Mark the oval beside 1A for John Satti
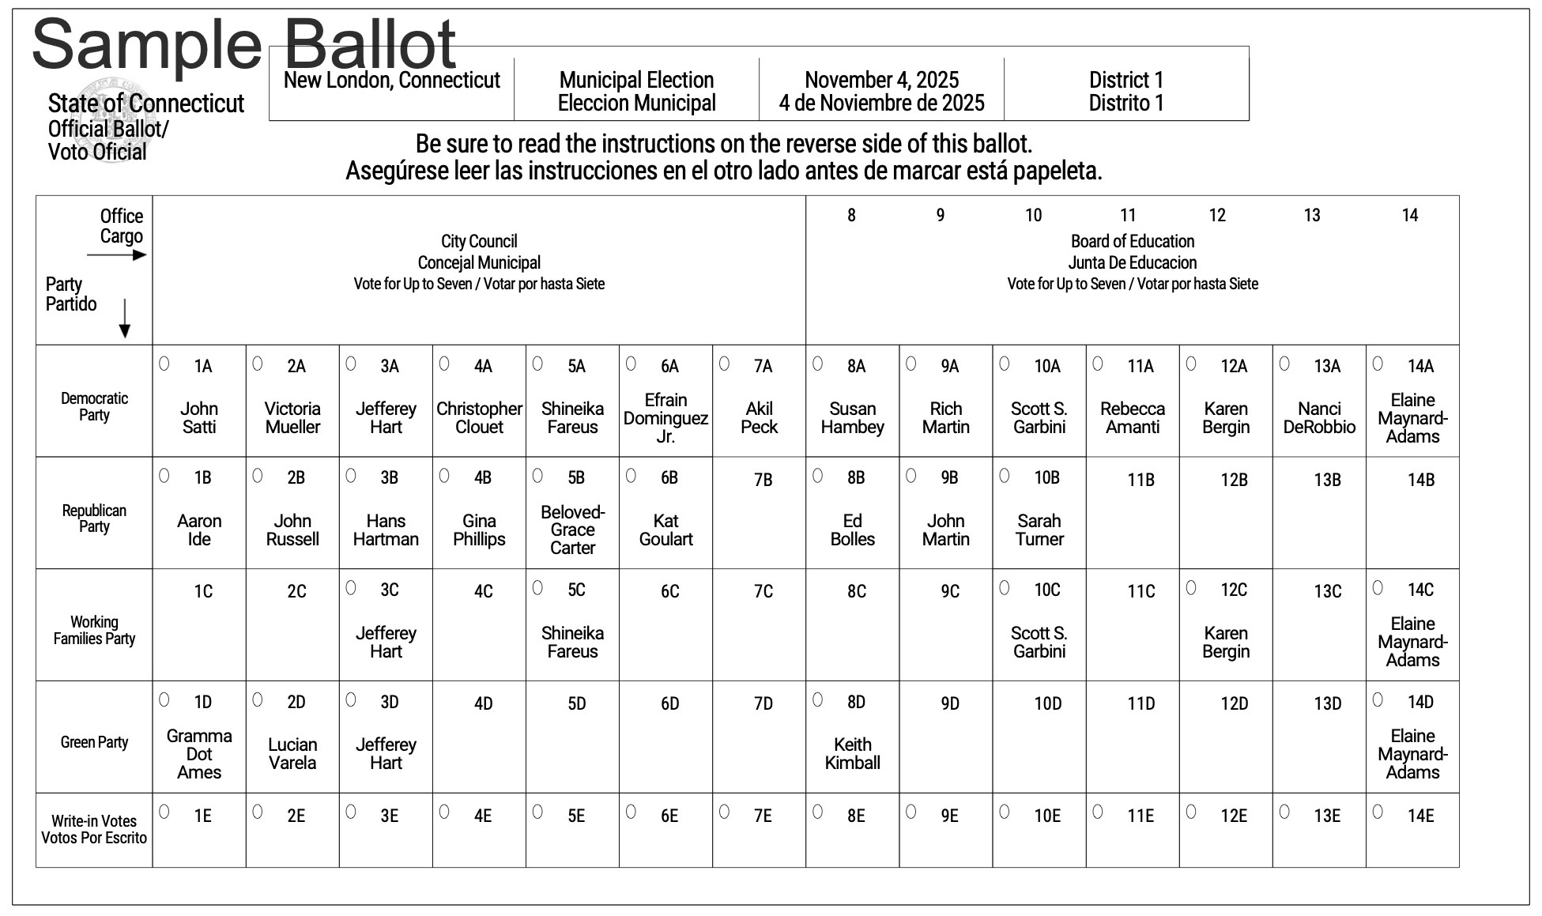pyautogui.click(x=164, y=364)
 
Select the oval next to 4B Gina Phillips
pyautogui.click(x=444, y=476)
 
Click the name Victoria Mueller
pyautogui.click(x=292, y=418)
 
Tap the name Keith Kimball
pyautogui.click(x=852, y=754)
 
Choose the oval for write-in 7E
pyautogui.click(x=724, y=812)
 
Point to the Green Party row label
pyautogui.click(x=94, y=743)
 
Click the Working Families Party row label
pyautogui.click(x=94, y=631)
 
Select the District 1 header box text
pyautogui.click(x=1126, y=92)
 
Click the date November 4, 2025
pyautogui.click(x=881, y=81)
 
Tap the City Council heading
pyautogui.click(x=479, y=242)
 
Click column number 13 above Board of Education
pyautogui.click(x=1312, y=216)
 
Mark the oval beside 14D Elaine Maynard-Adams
pyautogui.click(x=1378, y=699)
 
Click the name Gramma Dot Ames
pyautogui.click(x=199, y=754)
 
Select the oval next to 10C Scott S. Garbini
pyautogui.click(x=1005, y=588)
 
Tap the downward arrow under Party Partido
pyautogui.click(x=125, y=320)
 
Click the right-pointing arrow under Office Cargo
pyautogui.click(x=117, y=255)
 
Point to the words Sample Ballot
pyautogui.click(x=243, y=44)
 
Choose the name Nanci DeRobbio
pyautogui.click(x=1319, y=418)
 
